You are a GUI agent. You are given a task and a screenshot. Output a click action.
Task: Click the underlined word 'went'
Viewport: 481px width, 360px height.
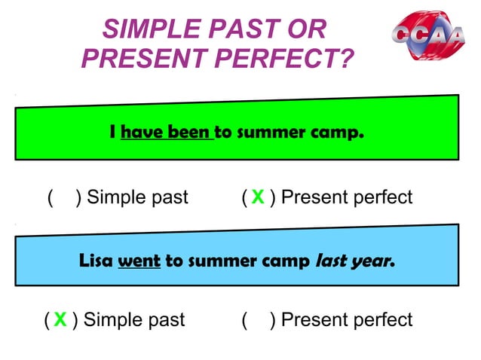point(139,262)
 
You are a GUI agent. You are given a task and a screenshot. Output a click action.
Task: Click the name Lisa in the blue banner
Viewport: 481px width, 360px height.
point(96,262)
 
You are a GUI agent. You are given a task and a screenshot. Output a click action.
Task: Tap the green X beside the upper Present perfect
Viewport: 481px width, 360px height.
point(257,198)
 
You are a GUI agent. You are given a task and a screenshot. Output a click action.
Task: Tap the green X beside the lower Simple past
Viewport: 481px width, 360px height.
point(60,320)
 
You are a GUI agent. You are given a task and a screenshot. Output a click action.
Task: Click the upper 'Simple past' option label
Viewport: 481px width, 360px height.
point(137,198)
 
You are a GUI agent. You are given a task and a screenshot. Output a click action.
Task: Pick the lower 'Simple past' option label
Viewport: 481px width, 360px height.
point(134,320)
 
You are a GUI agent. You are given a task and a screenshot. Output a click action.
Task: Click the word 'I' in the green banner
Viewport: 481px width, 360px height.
point(112,134)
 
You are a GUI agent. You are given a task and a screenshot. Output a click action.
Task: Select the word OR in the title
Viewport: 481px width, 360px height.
point(306,30)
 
